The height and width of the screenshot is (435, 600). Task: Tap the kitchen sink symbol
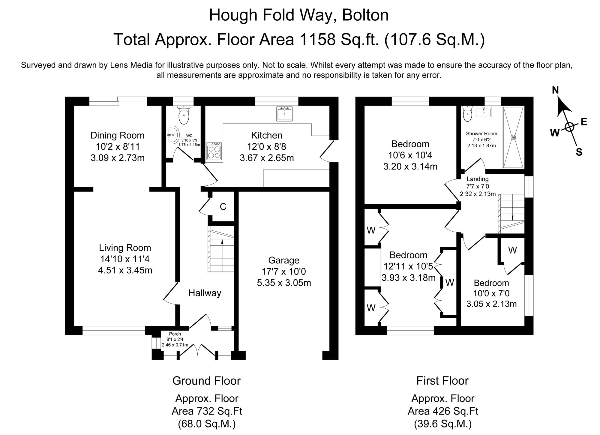(284, 114)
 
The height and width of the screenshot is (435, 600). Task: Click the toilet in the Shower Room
(467, 114)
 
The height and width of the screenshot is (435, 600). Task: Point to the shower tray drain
(513, 138)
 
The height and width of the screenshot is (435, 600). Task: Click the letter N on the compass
(555, 90)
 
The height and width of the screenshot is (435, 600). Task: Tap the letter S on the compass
(579, 153)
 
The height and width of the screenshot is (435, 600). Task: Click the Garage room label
(283, 260)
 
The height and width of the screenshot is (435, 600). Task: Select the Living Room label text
(125, 248)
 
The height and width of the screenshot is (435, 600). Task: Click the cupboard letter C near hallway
(223, 207)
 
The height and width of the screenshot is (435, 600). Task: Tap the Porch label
(175, 334)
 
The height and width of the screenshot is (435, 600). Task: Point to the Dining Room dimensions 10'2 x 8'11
(117, 147)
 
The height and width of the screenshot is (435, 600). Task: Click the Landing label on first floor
(478, 179)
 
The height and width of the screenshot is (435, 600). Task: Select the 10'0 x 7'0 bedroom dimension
(491, 293)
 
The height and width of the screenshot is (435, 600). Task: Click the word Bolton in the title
(365, 15)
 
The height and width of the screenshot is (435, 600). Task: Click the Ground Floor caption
(206, 381)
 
